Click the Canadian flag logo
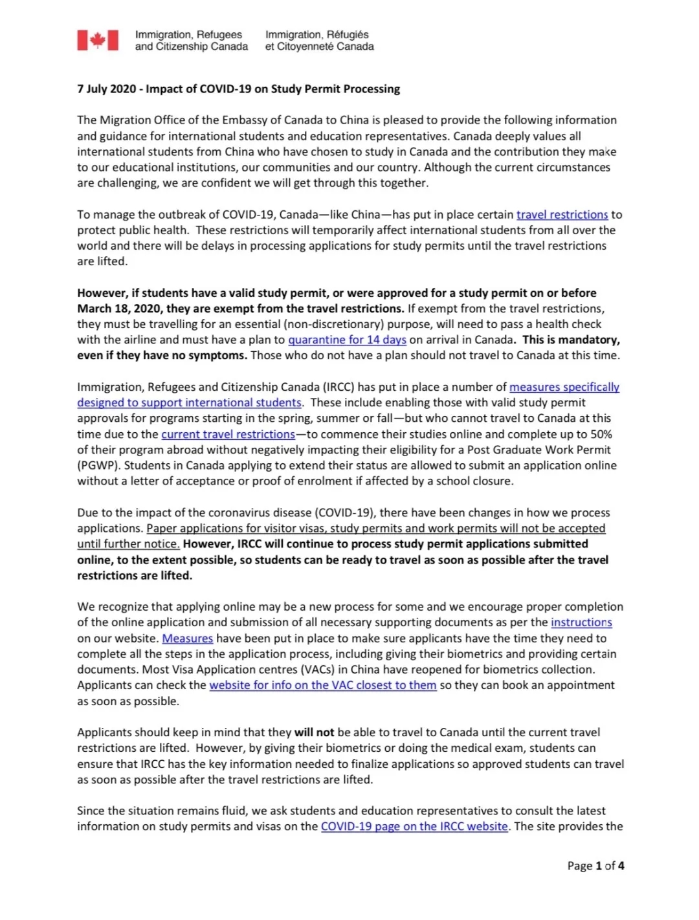98,40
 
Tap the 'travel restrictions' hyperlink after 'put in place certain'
562,215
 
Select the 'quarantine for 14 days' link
347,340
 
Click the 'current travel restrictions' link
228,435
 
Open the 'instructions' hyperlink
581,622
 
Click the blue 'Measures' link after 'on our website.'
187,639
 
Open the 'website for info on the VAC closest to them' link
322,685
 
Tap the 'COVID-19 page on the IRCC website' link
414,827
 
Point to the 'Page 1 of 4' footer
595,866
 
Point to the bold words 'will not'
314,732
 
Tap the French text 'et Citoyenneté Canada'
319,47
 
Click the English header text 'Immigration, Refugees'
188,35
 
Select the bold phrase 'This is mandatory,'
571,340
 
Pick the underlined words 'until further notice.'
128,545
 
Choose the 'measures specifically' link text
564,388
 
